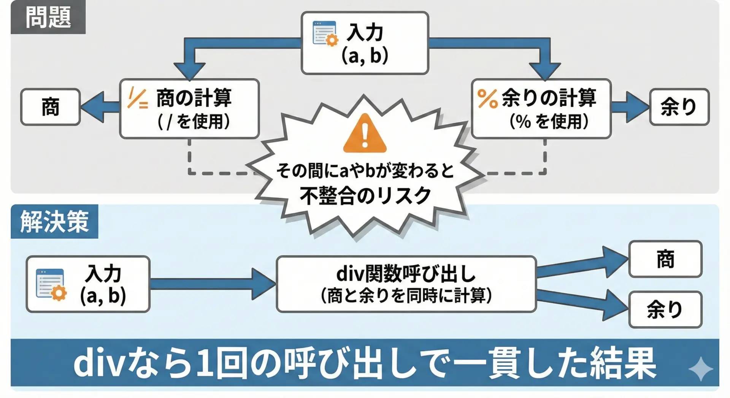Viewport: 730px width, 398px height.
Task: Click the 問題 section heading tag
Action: coord(48,17)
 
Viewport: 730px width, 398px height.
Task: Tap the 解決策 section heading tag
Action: coord(54,222)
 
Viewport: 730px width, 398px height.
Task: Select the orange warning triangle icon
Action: coord(365,133)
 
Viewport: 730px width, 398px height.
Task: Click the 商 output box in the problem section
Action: coord(51,107)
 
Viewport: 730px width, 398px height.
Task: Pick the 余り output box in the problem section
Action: coord(679,107)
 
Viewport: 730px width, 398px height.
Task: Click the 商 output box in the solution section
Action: coord(665,259)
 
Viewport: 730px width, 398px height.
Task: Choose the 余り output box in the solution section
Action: coord(665,309)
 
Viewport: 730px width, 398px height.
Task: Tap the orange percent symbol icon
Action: coord(487,99)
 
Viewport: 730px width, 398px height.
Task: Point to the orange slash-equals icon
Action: coord(138,98)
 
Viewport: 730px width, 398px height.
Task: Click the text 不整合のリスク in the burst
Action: coord(365,196)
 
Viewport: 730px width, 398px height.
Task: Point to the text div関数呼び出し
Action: coord(406,273)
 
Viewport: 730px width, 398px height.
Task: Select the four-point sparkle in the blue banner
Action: coord(701,368)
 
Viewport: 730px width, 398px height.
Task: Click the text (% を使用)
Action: coord(549,122)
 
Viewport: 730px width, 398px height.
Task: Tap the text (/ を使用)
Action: coord(194,122)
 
